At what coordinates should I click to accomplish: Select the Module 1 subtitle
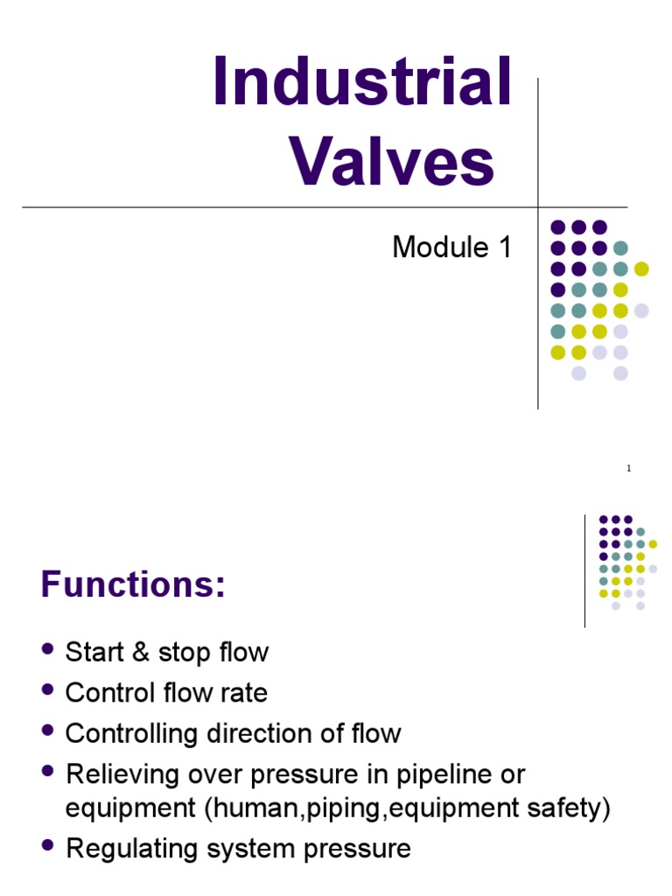click(x=451, y=248)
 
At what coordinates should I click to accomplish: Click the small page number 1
click(x=628, y=470)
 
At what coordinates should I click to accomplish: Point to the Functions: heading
click(x=133, y=584)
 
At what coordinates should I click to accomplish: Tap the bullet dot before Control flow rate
click(x=47, y=689)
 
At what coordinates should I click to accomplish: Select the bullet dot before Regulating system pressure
click(x=47, y=845)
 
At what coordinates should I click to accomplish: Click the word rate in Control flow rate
click(x=246, y=694)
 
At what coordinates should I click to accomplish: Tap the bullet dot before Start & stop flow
click(x=47, y=649)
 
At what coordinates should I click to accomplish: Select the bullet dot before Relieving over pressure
click(x=47, y=771)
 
